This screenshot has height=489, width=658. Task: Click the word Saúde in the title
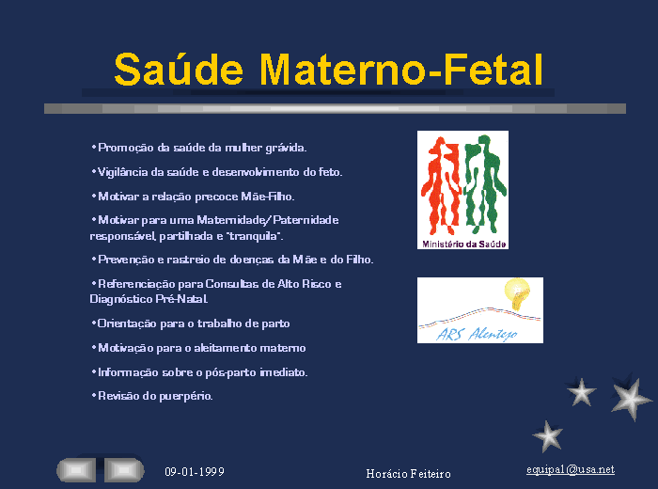[179, 70]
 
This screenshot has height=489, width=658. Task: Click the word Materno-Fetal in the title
[401, 70]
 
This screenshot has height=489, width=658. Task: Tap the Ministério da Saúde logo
[462, 190]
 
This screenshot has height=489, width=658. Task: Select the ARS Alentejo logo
[480, 310]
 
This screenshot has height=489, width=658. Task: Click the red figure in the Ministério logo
[441, 185]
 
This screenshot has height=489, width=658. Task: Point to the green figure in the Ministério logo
[485, 184]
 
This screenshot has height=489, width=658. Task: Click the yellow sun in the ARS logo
[517, 293]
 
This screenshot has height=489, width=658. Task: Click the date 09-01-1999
[195, 472]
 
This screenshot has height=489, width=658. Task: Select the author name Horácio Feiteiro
[408, 474]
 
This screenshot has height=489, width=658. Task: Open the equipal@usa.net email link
[571, 469]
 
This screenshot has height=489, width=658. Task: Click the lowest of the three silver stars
[548, 436]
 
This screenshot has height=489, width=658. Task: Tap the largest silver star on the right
[631, 398]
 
